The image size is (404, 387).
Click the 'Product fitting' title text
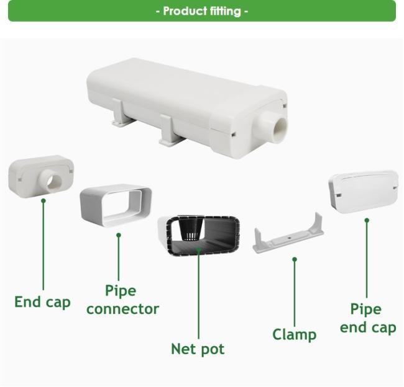point(202,11)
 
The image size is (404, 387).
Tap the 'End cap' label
point(42,302)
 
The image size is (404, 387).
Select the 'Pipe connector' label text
point(122,300)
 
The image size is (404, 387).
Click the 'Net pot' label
point(198,349)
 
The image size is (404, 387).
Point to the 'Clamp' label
point(295,334)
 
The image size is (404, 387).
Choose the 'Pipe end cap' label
point(368,319)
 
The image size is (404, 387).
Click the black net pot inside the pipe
point(190,228)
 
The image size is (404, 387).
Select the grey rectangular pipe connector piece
point(116,205)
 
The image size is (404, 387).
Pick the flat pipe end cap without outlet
point(364,191)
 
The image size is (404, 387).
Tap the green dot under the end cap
point(44,200)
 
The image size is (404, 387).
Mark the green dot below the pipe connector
point(119,235)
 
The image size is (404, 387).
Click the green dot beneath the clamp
point(295,259)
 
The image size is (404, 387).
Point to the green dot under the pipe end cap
point(367,220)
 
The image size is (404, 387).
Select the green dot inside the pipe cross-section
point(198,249)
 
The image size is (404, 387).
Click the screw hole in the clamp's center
point(290,238)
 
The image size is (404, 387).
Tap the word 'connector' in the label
point(122,309)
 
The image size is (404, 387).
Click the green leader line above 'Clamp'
point(295,293)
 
